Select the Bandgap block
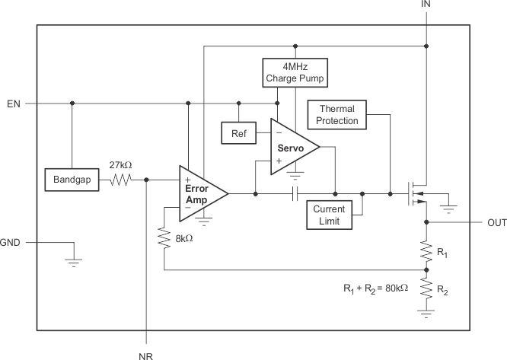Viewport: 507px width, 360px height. point(72,180)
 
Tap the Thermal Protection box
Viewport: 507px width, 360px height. point(337,115)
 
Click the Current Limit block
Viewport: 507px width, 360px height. point(330,215)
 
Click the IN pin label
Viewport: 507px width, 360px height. point(426,5)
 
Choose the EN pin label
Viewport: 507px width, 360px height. point(13,103)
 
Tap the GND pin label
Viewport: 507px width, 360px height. point(11,243)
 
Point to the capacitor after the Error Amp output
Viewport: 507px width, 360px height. point(295,194)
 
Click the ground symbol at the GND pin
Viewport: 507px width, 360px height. point(73,261)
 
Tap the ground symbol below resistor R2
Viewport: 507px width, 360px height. point(426,311)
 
